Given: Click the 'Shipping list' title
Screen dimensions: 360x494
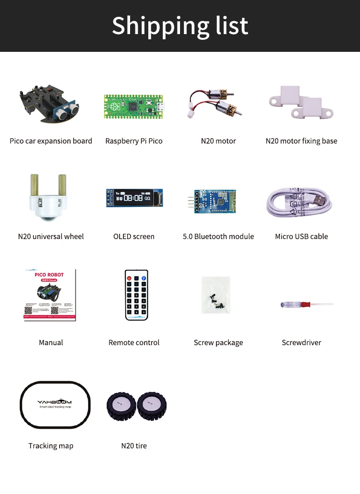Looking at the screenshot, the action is [x=180, y=25].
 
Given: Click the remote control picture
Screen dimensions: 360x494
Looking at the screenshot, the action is [x=136, y=295].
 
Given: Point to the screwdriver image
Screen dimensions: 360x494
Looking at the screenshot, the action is [x=306, y=304].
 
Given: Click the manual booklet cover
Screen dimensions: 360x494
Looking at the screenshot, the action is [x=50, y=295].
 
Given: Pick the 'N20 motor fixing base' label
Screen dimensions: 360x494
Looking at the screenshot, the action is [x=301, y=141].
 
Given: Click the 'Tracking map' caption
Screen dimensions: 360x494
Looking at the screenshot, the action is [x=51, y=446].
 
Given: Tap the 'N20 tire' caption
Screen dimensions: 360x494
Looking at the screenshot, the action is [x=134, y=446].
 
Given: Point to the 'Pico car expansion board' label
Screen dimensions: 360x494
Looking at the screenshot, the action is [x=51, y=141].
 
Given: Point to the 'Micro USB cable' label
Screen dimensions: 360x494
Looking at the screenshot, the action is [x=301, y=237].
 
